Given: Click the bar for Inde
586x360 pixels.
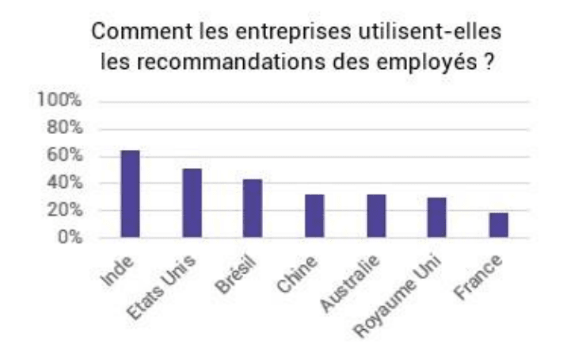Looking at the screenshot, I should pyautogui.click(x=130, y=193).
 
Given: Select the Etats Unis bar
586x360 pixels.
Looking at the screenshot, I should pyautogui.click(x=192, y=203).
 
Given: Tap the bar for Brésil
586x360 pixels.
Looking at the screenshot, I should pyautogui.click(x=253, y=208).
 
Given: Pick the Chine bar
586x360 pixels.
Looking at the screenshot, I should pyautogui.click(x=314, y=216).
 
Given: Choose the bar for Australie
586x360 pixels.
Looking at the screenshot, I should pyautogui.click(x=375, y=216).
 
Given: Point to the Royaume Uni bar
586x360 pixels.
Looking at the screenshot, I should pyautogui.click(x=437, y=217).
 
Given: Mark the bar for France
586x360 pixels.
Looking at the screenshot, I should pyautogui.click(x=498, y=225).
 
